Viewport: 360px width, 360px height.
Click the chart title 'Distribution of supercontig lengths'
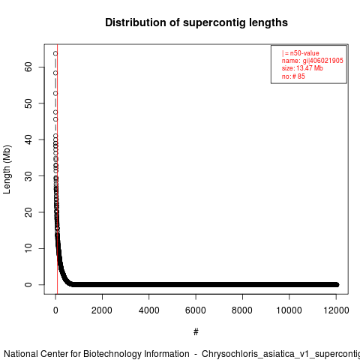196,22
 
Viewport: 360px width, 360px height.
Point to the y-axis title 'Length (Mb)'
7,169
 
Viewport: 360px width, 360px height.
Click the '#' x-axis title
196,332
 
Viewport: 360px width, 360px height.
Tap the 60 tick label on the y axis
28,67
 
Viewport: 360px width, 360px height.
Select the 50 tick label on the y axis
28,103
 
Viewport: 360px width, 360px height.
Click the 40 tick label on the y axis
28,139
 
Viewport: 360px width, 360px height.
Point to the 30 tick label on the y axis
28,175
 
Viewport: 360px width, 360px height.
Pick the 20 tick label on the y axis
28,212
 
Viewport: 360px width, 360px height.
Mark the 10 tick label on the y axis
28,248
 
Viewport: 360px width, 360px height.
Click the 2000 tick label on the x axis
102,310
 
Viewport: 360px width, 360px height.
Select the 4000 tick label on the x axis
149,310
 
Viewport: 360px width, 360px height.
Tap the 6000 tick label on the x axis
196,310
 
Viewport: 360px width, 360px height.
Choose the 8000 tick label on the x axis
242,310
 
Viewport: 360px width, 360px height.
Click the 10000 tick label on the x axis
289,310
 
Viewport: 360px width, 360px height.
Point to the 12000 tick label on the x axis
336,310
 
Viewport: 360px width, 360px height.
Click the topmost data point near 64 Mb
55,53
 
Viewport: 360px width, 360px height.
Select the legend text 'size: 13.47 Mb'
302,68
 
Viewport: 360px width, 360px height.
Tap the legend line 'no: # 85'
293,76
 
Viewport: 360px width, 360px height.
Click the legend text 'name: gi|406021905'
312,61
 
